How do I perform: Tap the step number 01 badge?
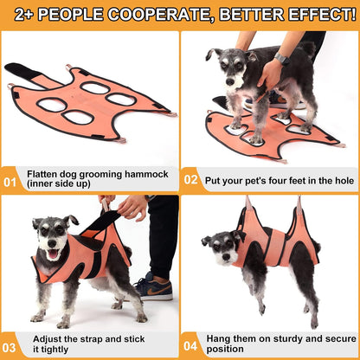click(10, 183)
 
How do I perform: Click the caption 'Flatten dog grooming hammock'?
click(88, 173)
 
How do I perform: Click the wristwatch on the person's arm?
click(281, 58)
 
